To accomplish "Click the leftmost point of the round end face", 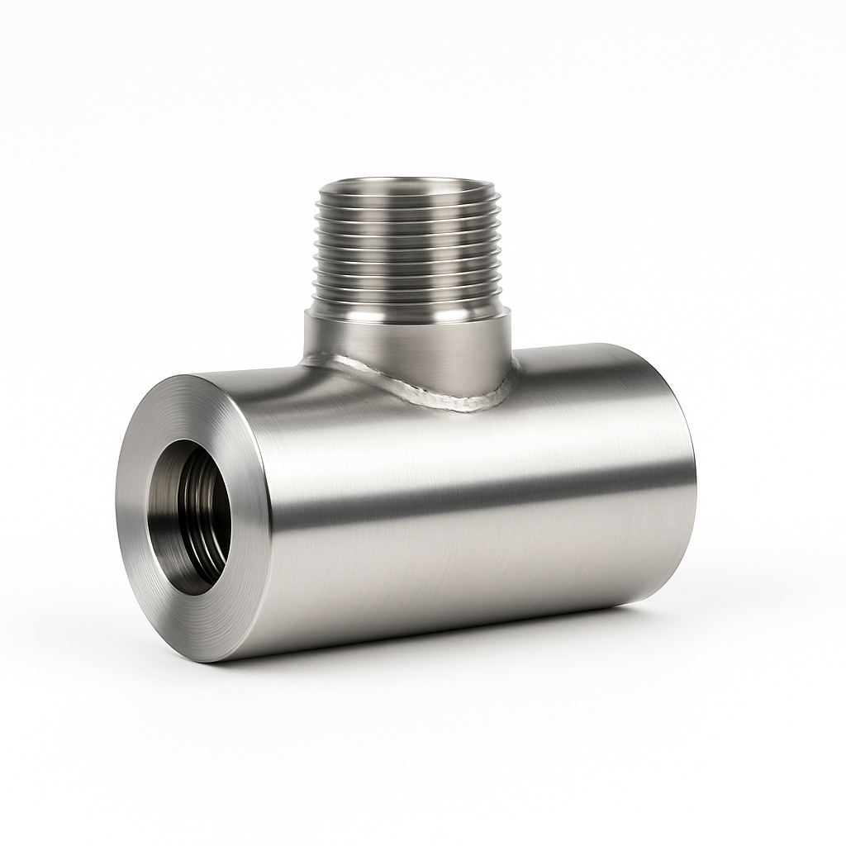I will pos(116,516).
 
